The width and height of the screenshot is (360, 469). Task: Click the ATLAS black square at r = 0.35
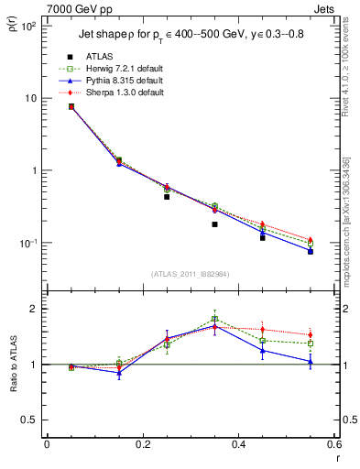coord(214,224)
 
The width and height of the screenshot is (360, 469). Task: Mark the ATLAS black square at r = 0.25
coord(167,197)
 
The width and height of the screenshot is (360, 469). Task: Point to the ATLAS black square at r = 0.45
coord(263,238)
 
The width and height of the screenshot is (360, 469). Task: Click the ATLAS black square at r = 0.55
coord(311,251)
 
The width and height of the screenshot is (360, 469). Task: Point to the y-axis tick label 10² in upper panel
coord(28,26)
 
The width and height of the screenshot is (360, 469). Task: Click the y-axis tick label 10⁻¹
coord(28,244)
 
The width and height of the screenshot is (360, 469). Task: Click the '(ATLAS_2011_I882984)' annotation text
coord(190,274)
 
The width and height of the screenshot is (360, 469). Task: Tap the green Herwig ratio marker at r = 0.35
coord(214,319)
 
